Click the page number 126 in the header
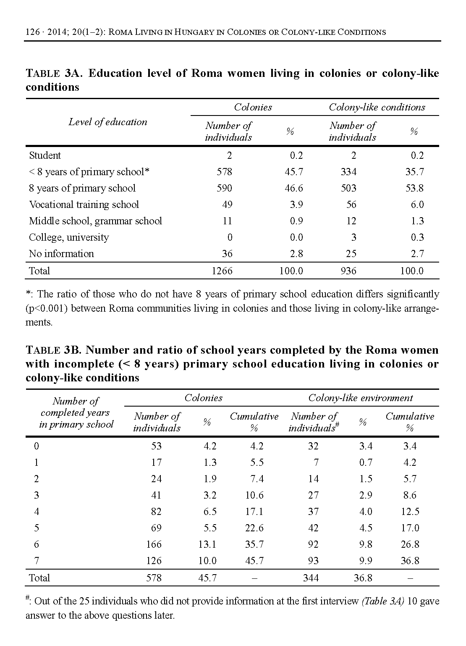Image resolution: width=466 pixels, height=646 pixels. [33, 32]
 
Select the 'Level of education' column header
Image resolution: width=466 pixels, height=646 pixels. [108, 122]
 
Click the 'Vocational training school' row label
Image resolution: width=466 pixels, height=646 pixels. [84, 205]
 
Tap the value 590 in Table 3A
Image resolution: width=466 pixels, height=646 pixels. [224, 188]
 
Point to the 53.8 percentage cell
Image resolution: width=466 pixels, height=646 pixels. [414, 188]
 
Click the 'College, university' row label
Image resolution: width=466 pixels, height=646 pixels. [69, 237]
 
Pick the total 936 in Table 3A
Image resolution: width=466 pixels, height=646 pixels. [348, 271]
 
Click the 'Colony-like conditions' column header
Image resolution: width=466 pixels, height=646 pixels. [377, 108]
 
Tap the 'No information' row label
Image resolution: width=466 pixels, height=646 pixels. [61, 254]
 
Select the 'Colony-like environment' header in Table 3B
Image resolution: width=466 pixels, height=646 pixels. [361, 398]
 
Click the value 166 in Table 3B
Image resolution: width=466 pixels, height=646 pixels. [154, 544]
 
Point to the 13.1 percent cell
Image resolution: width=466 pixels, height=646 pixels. [207, 544]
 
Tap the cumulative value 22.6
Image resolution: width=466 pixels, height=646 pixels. [254, 528]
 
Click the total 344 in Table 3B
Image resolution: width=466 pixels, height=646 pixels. [311, 578]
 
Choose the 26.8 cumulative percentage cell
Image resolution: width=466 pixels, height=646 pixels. [410, 544]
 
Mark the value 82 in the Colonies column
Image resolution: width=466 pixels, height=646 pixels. [156, 512]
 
